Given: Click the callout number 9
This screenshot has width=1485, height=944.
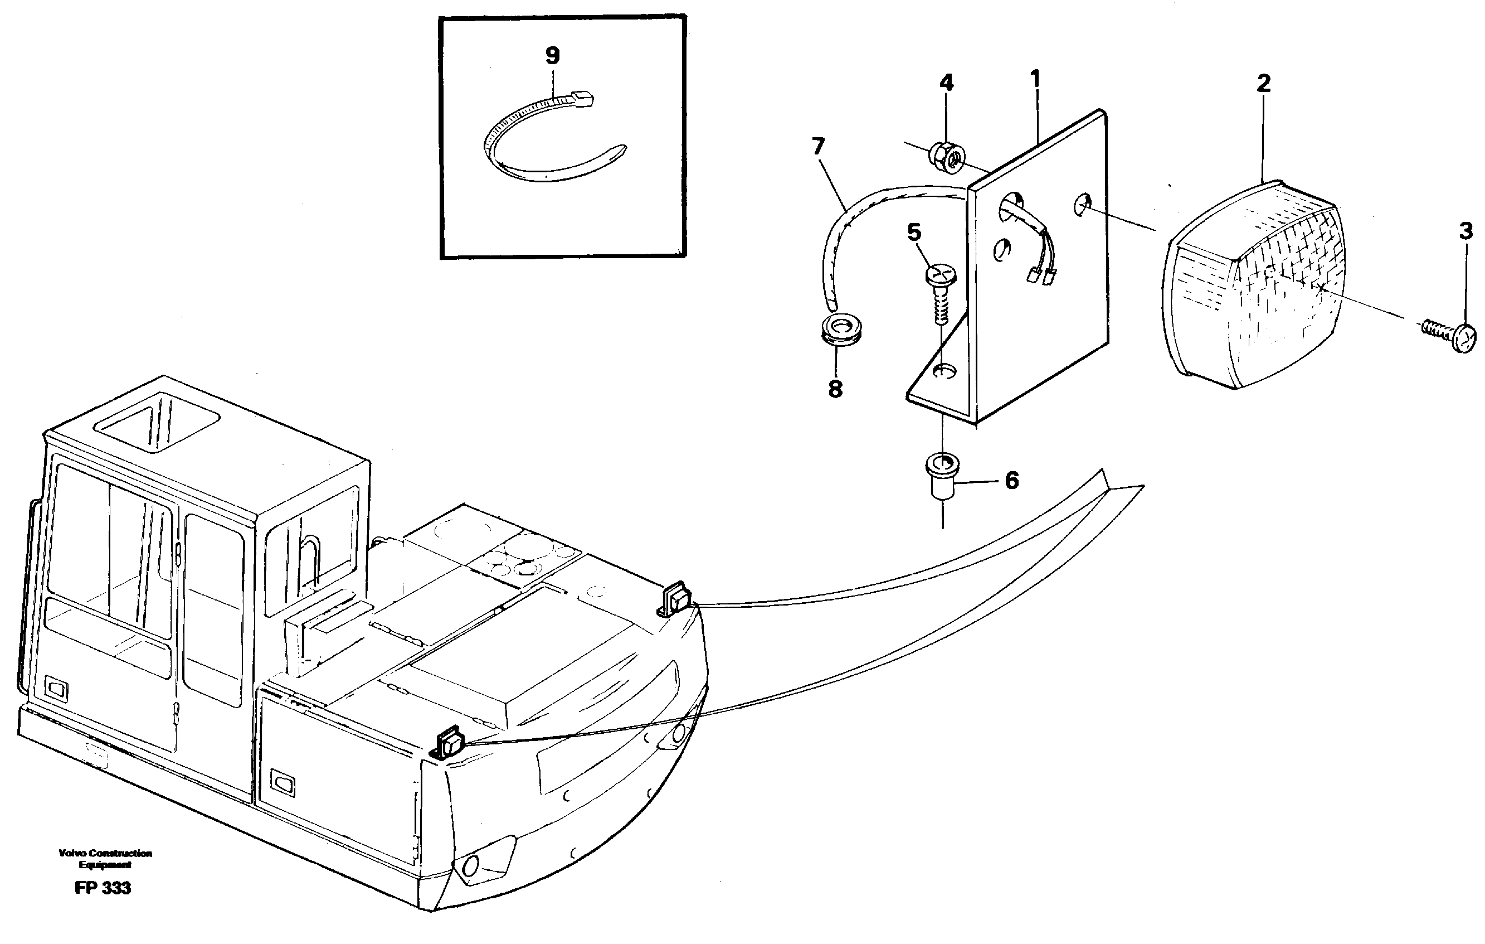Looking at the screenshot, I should [553, 56].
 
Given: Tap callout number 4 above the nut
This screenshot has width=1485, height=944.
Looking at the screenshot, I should [946, 83].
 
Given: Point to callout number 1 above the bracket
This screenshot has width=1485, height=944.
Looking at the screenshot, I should [1035, 79].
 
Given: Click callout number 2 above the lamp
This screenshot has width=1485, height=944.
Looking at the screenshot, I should [1263, 83].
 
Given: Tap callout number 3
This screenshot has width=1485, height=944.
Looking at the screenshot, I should [1465, 231].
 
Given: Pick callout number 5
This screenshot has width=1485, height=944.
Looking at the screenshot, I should [914, 233].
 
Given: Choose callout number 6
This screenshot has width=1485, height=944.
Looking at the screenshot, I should [1011, 481].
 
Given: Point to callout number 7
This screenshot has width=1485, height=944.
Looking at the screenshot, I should [819, 147].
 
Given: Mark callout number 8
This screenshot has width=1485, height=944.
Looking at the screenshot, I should [835, 389].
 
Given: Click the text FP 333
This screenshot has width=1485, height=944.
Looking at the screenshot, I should [103, 888].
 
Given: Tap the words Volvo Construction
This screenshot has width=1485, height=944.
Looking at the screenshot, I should [105, 853].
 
